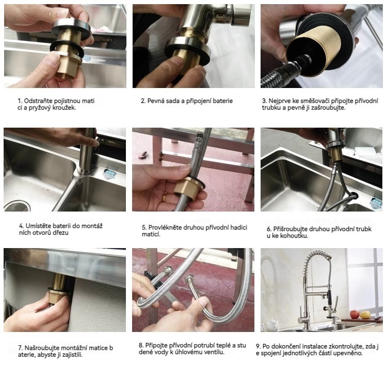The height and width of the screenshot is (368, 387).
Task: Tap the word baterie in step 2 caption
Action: click(223, 101)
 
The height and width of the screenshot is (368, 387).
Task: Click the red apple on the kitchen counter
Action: click(354, 314)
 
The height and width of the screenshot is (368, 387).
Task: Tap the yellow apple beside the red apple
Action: click(365, 314)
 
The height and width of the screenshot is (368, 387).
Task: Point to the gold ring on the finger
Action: click(165, 197)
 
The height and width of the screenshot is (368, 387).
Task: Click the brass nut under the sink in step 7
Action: click(59, 296)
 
